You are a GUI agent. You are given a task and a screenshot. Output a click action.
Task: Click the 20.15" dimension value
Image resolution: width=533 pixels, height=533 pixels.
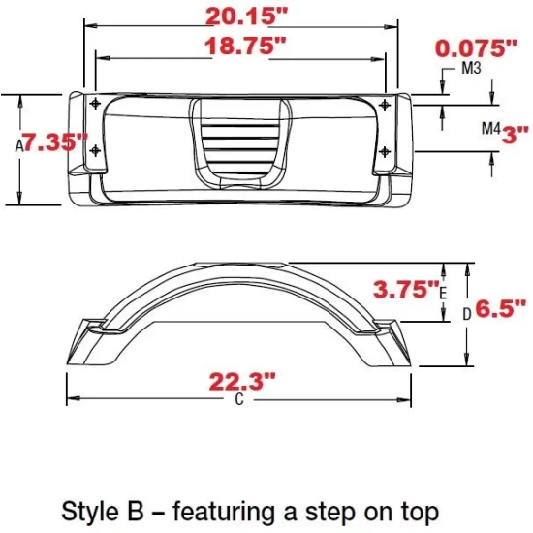pyautogui.click(x=246, y=16)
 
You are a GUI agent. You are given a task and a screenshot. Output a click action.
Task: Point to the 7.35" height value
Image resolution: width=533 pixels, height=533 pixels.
pyautogui.click(x=55, y=142)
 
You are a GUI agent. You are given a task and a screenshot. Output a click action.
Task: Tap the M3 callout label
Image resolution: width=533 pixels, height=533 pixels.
pyautogui.click(x=472, y=70)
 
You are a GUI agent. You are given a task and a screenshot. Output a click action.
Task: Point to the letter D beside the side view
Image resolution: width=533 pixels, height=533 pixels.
pyautogui.click(x=465, y=313)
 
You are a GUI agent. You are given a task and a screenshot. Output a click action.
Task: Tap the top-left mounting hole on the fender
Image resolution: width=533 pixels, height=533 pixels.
pyautogui.click(x=94, y=104)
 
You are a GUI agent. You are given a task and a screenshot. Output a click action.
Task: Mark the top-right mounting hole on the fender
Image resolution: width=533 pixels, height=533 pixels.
pyautogui.click(x=386, y=104)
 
